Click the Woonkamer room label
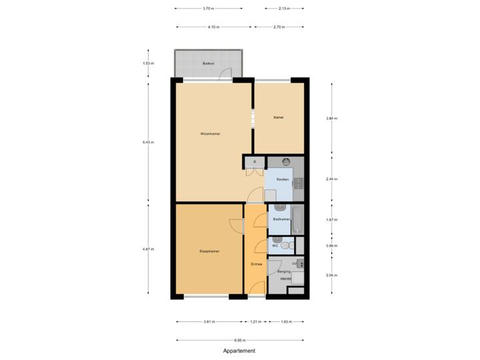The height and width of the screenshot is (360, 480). coord(210,133)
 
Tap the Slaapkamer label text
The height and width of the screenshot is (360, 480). coord(209,251)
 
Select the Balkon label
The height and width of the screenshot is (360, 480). coord(208,63)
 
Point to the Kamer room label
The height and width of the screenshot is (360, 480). coord(279,117)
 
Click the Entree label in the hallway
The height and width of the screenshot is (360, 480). coord(256,265)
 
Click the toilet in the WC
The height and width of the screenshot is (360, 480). coord(286,246)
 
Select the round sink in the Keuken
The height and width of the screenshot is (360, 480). coord(285,161)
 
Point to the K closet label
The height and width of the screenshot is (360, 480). coord(254,162)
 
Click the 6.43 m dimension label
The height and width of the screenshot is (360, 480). coord(148,142)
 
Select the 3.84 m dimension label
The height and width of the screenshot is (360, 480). coord(331,119)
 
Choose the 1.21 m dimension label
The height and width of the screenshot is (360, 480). coord(256,322)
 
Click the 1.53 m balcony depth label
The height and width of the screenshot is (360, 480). coord(148,63)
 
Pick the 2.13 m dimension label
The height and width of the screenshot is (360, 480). coord(283,9)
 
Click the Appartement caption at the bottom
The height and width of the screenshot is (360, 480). coord(239,350)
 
